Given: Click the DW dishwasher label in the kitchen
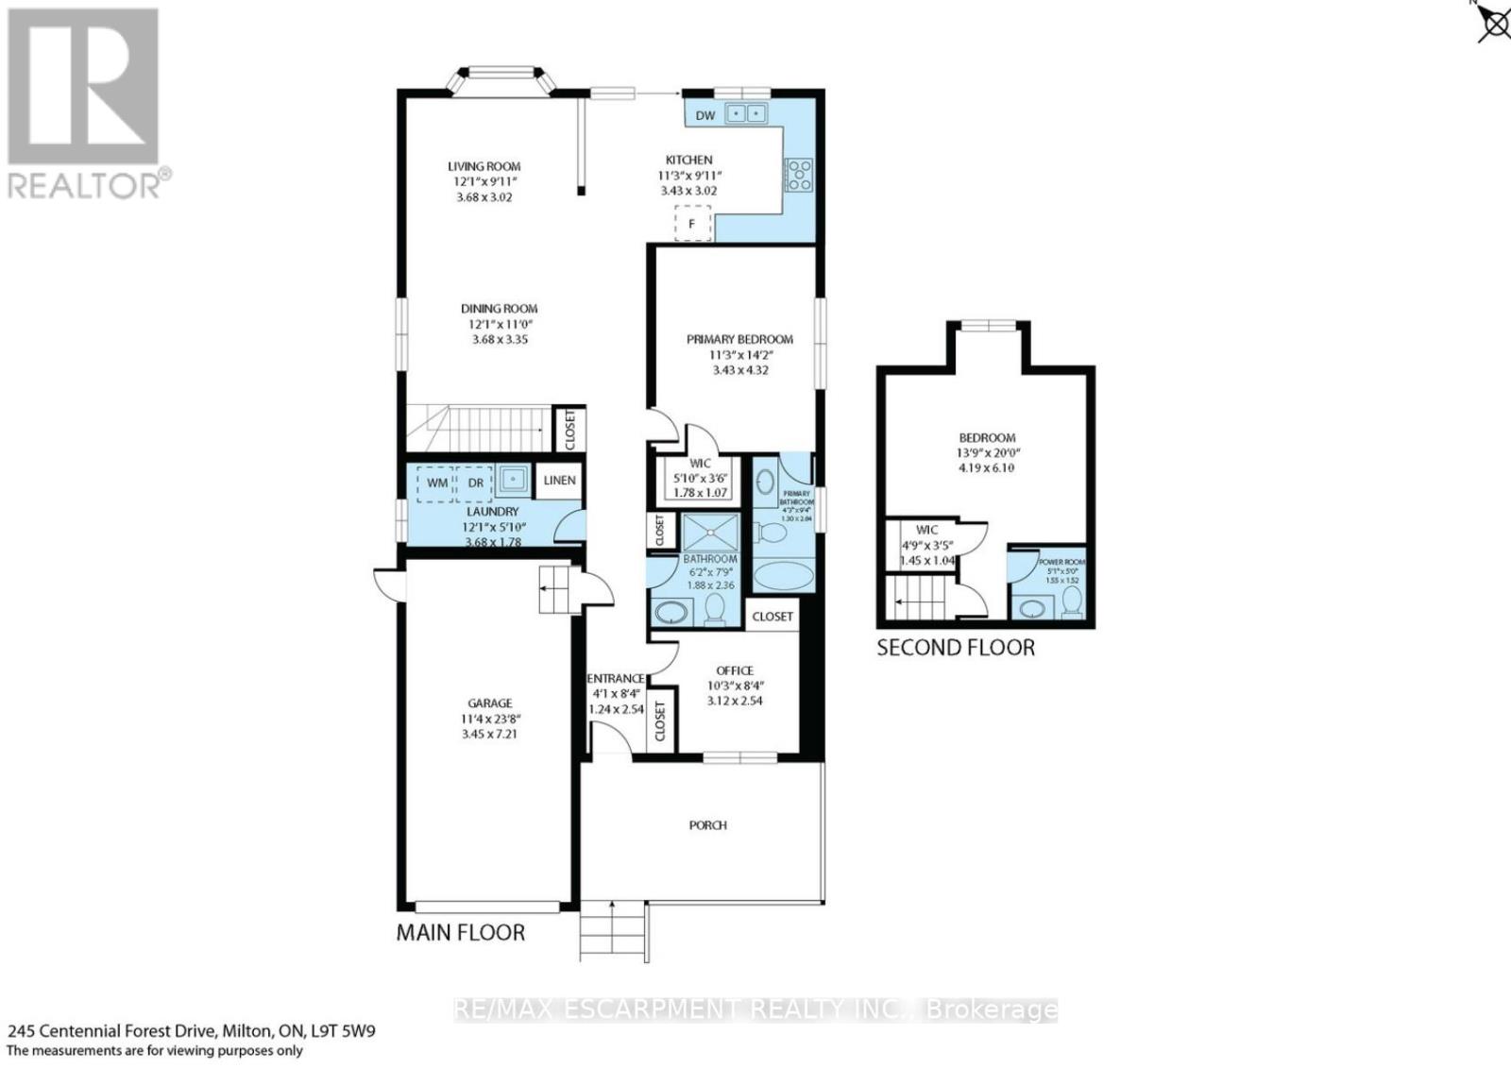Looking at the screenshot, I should [705, 116].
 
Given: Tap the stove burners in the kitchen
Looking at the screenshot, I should [799, 175].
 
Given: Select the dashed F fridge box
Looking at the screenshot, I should [692, 224].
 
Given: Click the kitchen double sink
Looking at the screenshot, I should [746, 114].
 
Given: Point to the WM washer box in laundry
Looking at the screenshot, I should [437, 483].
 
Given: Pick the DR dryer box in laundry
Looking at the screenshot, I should [476, 483].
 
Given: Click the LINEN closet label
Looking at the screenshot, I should [559, 480].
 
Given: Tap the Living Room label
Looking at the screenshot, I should [484, 166].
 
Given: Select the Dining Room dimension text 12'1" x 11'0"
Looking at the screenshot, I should [500, 324].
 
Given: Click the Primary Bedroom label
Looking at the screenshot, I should [739, 339].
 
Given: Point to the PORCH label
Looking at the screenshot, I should [707, 825].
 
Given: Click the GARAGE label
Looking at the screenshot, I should [490, 703].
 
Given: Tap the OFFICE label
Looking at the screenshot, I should [735, 670].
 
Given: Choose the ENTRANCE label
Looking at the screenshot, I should [616, 678].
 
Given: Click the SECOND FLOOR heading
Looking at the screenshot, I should [956, 648].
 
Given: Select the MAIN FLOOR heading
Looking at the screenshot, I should [460, 933].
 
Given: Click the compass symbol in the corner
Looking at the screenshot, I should [1494, 23].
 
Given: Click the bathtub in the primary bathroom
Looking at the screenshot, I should [785, 575].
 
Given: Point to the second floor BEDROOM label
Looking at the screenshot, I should [987, 438].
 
